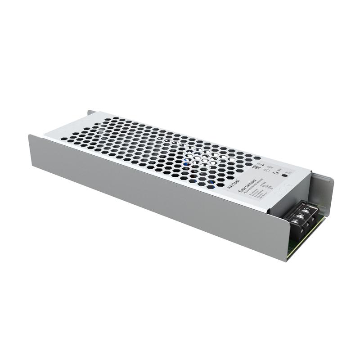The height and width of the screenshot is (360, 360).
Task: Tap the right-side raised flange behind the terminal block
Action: click(x=328, y=189)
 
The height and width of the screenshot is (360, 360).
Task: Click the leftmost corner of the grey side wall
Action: click(x=30, y=135)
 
